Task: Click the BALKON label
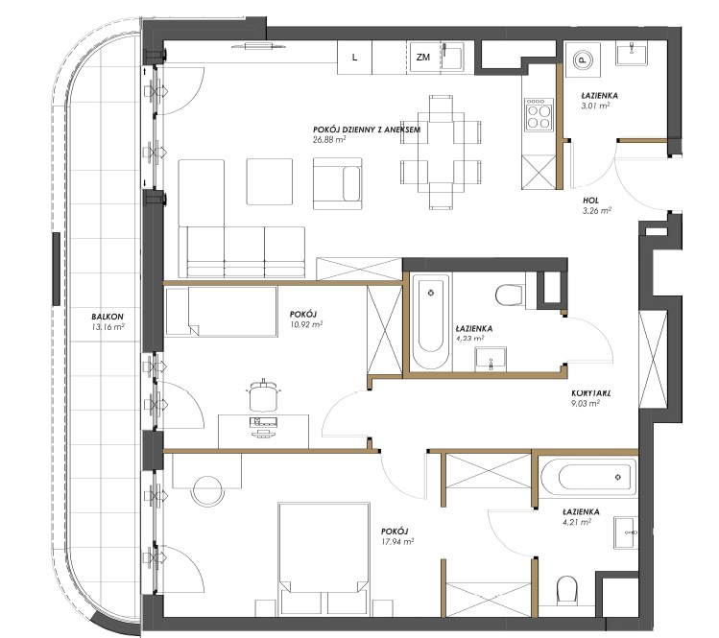[x=108, y=317]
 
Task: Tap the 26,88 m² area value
[x=329, y=140]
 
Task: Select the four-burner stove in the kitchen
[x=539, y=114]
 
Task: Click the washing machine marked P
[x=583, y=60]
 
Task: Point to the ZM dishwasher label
[x=423, y=58]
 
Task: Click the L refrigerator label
[x=354, y=58]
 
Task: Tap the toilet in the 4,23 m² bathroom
[x=510, y=295]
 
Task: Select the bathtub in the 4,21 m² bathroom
[x=588, y=477]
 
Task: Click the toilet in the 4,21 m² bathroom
[x=566, y=590]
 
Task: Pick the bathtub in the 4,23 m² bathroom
[x=431, y=322]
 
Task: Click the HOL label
[x=590, y=201]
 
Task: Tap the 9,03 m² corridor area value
[x=586, y=403]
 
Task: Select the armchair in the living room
[x=338, y=184]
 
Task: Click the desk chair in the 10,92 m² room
[x=263, y=395]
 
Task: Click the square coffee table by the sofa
[x=270, y=182]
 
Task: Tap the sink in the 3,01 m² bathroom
[x=632, y=54]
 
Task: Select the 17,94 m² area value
[x=397, y=541]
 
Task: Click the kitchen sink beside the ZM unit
[x=452, y=57]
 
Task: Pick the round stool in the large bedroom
[x=208, y=491]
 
